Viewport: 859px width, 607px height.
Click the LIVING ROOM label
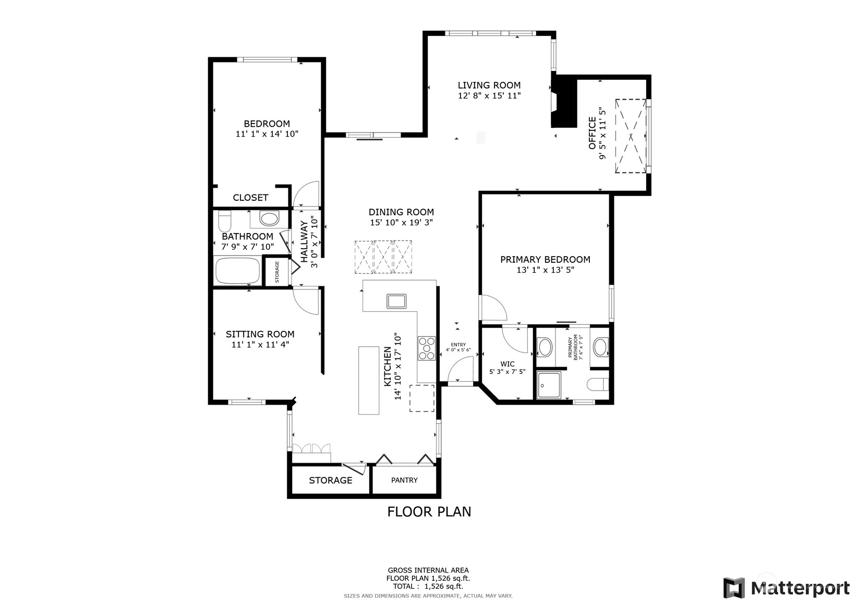[489, 85]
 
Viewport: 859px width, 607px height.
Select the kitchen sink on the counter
[396, 301]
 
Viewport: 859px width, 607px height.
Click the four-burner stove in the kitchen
[427, 348]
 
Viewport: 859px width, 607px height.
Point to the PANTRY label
[404, 480]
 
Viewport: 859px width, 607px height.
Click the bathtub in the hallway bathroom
[238, 271]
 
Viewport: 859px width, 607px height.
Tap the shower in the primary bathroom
[548, 385]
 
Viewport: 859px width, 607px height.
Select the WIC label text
[507, 363]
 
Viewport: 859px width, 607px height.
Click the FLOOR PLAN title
[429, 512]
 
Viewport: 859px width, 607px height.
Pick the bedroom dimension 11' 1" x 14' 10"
[267, 134]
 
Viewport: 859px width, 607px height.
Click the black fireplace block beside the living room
[564, 101]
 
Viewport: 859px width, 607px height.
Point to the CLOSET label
[250, 198]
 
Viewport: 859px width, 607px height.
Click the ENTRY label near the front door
[458, 345]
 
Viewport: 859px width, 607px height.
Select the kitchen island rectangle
[369, 380]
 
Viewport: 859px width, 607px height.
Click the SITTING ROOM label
[260, 334]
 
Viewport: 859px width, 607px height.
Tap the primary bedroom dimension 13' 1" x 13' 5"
[546, 270]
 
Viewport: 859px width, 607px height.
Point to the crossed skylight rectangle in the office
[631, 136]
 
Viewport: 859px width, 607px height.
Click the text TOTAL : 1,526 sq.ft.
[428, 586]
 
